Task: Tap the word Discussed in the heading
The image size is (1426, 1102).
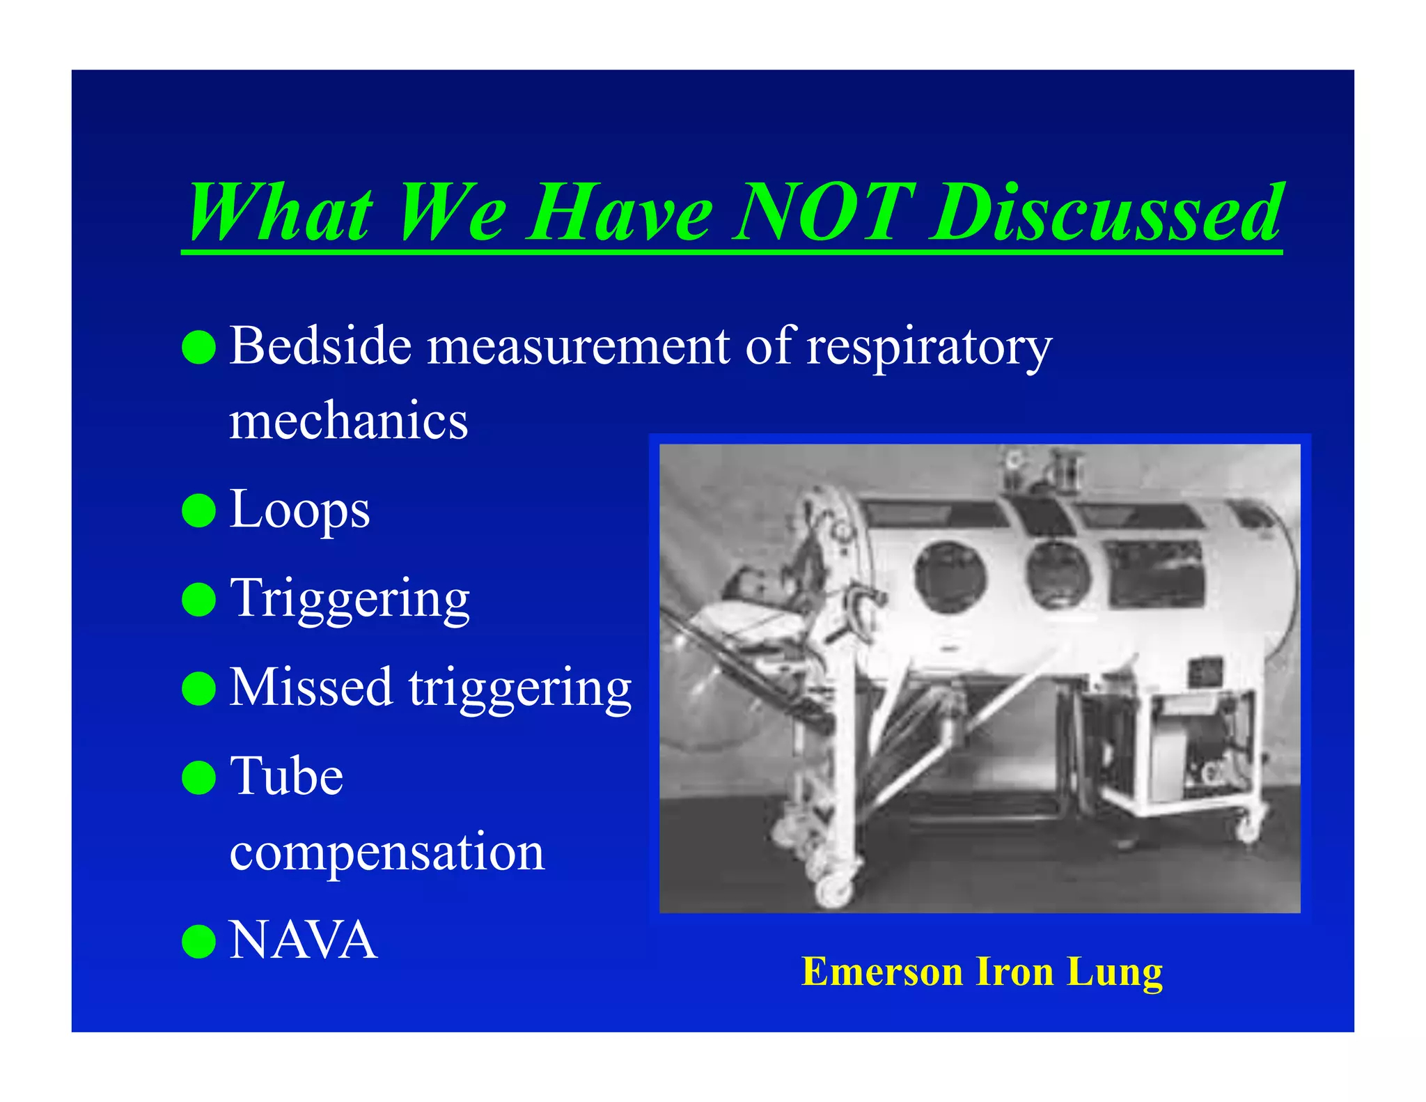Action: [x=1107, y=212]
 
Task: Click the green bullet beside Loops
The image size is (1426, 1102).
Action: [x=198, y=511]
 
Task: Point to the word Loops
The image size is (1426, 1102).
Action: [x=299, y=511]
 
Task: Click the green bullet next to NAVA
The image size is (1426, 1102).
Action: [x=198, y=941]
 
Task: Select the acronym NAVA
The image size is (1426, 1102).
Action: [x=303, y=940]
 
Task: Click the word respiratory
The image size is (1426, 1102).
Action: [x=929, y=347]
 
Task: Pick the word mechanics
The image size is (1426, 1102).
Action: [x=348, y=421]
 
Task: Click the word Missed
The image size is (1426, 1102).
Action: [x=311, y=688]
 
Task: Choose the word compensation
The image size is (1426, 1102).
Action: [x=386, y=852]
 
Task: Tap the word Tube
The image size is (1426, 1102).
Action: [x=286, y=776]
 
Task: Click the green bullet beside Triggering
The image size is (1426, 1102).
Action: [x=198, y=600]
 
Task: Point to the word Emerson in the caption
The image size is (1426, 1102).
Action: [x=882, y=972]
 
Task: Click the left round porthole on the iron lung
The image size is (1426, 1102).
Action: [x=950, y=577]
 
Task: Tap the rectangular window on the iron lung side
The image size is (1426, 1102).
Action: [x=1156, y=573]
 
